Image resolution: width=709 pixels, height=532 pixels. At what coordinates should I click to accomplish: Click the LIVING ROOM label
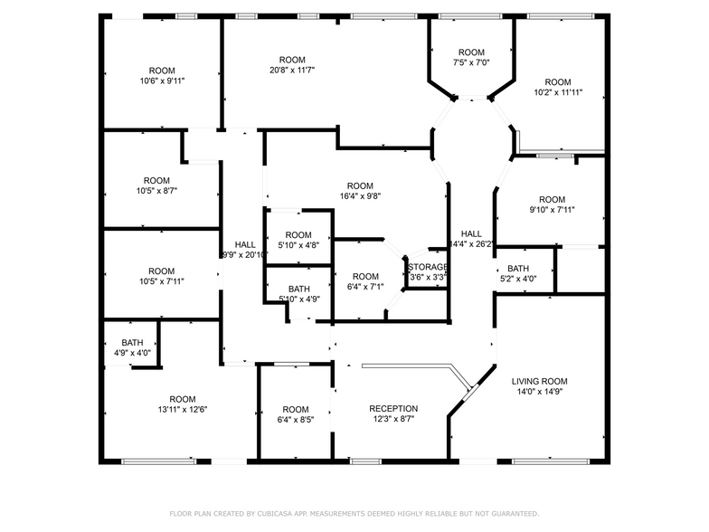tap(540, 381)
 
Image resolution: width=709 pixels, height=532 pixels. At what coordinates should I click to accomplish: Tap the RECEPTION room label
tap(393, 408)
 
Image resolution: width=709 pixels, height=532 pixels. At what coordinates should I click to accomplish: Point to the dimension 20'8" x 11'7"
tap(292, 71)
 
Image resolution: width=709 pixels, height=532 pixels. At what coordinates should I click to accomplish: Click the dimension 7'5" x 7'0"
tap(471, 63)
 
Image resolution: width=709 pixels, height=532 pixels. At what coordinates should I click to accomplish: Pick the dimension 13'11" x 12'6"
tap(182, 410)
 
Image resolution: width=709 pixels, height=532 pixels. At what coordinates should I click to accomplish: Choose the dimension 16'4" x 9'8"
tap(359, 197)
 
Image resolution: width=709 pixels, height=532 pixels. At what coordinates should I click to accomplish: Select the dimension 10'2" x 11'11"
tap(558, 92)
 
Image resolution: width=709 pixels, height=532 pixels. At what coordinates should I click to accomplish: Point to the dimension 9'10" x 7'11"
tap(552, 210)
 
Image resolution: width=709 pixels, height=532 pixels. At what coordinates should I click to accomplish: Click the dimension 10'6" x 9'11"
tap(162, 81)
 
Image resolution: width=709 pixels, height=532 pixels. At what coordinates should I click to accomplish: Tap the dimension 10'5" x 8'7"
tap(157, 191)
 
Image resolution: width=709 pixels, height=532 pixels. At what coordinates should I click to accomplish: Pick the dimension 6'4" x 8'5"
tap(296, 420)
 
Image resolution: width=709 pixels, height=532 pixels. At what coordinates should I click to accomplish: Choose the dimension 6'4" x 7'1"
tap(365, 288)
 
